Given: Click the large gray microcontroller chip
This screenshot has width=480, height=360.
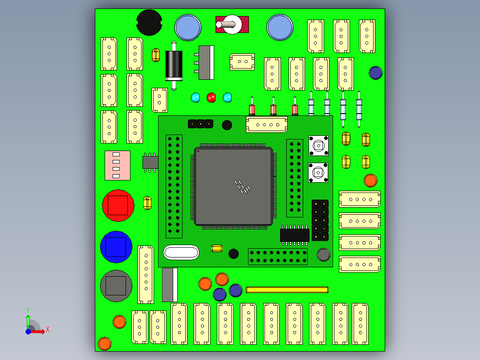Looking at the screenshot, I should point(233,186).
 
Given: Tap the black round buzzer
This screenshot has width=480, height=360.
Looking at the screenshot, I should point(149,22).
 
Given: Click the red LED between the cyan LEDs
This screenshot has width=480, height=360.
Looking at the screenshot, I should point(211,97).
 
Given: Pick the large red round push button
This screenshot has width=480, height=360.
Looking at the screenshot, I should point(118,205).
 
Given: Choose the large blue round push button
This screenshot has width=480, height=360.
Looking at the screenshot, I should point(116,247).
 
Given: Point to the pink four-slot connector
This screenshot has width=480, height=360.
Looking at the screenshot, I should point(118,165).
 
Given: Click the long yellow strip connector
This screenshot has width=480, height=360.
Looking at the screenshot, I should point(287,290).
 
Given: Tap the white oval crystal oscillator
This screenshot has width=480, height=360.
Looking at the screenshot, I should point(181,252).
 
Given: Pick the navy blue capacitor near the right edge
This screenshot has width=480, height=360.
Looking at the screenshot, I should point(375,73).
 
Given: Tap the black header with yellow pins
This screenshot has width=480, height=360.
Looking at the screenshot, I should point(320,220).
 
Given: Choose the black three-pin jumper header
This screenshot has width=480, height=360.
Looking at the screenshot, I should point(200,123).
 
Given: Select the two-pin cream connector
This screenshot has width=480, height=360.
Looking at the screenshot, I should point(242,62).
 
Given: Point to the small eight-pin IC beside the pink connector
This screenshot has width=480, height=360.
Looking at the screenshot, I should point(151,162).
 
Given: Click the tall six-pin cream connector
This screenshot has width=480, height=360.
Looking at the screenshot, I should point(146,274).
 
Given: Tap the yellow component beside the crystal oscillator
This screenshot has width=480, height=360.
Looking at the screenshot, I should point(217,248).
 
